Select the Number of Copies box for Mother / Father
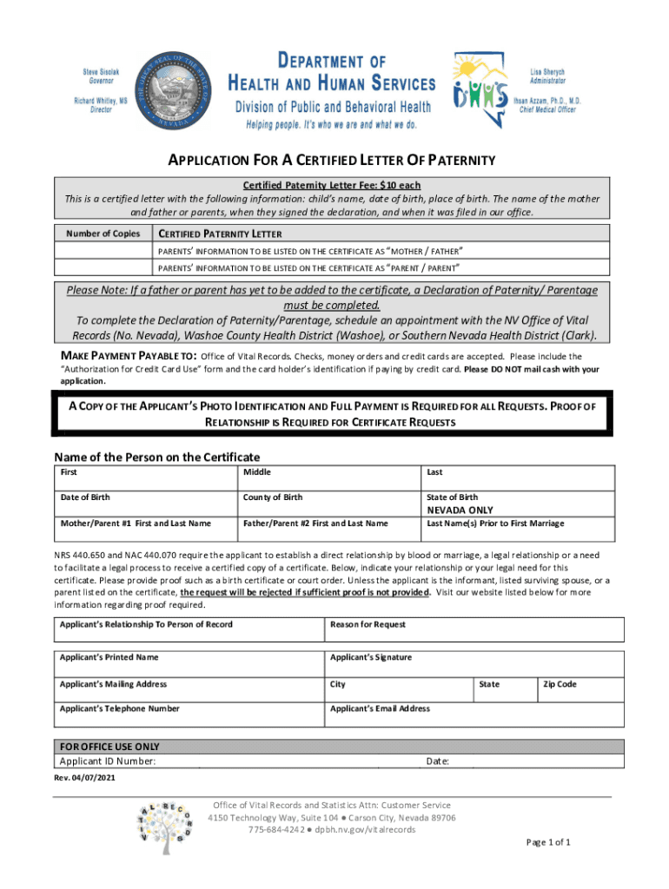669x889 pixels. coord(103,251)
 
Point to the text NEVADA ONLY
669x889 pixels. coord(460,510)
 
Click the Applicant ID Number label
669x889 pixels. coord(108,761)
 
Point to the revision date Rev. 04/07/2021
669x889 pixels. coord(84,778)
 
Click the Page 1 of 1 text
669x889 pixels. coord(548,842)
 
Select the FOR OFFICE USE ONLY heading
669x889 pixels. coord(109,747)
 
